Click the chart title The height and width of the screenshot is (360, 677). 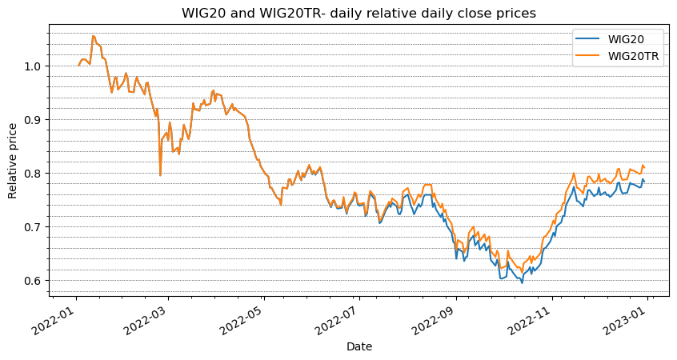tap(358, 14)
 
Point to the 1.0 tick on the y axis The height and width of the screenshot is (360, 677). tap(34, 66)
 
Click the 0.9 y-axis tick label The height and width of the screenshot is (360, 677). tap(34, 119)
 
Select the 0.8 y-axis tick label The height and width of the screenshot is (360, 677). tap(34, 173)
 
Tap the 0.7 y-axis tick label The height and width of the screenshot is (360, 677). tap(34, 226)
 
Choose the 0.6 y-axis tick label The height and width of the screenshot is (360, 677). tap(34, 280)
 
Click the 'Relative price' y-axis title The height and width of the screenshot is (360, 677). tap(13, 162)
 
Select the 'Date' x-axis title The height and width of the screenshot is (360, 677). tap(358, 346)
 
